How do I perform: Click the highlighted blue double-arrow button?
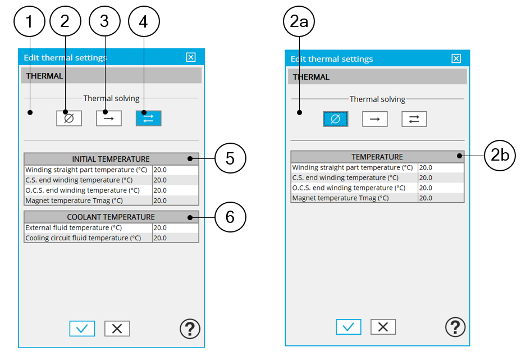tap(149, 119)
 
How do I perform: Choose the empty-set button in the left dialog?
tap(69, 119)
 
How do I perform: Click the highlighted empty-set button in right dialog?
tap(336, 119)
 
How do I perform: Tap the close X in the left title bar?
tap(191, 57)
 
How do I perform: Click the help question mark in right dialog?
tap(455, 327)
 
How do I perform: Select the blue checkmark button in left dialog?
tap(82, 328)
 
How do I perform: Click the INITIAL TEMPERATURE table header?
tap(111, 159)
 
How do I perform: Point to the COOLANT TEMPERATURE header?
tap(111, 217)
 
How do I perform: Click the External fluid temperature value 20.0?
tap(160, 228)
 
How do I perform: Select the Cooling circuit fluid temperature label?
tap(83, 238)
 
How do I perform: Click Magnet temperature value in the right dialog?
tap(426, 198)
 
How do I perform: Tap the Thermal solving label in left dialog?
tap(111, 98)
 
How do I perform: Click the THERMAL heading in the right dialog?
tap(311, 77)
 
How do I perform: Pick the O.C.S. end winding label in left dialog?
tap(83, 190)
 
